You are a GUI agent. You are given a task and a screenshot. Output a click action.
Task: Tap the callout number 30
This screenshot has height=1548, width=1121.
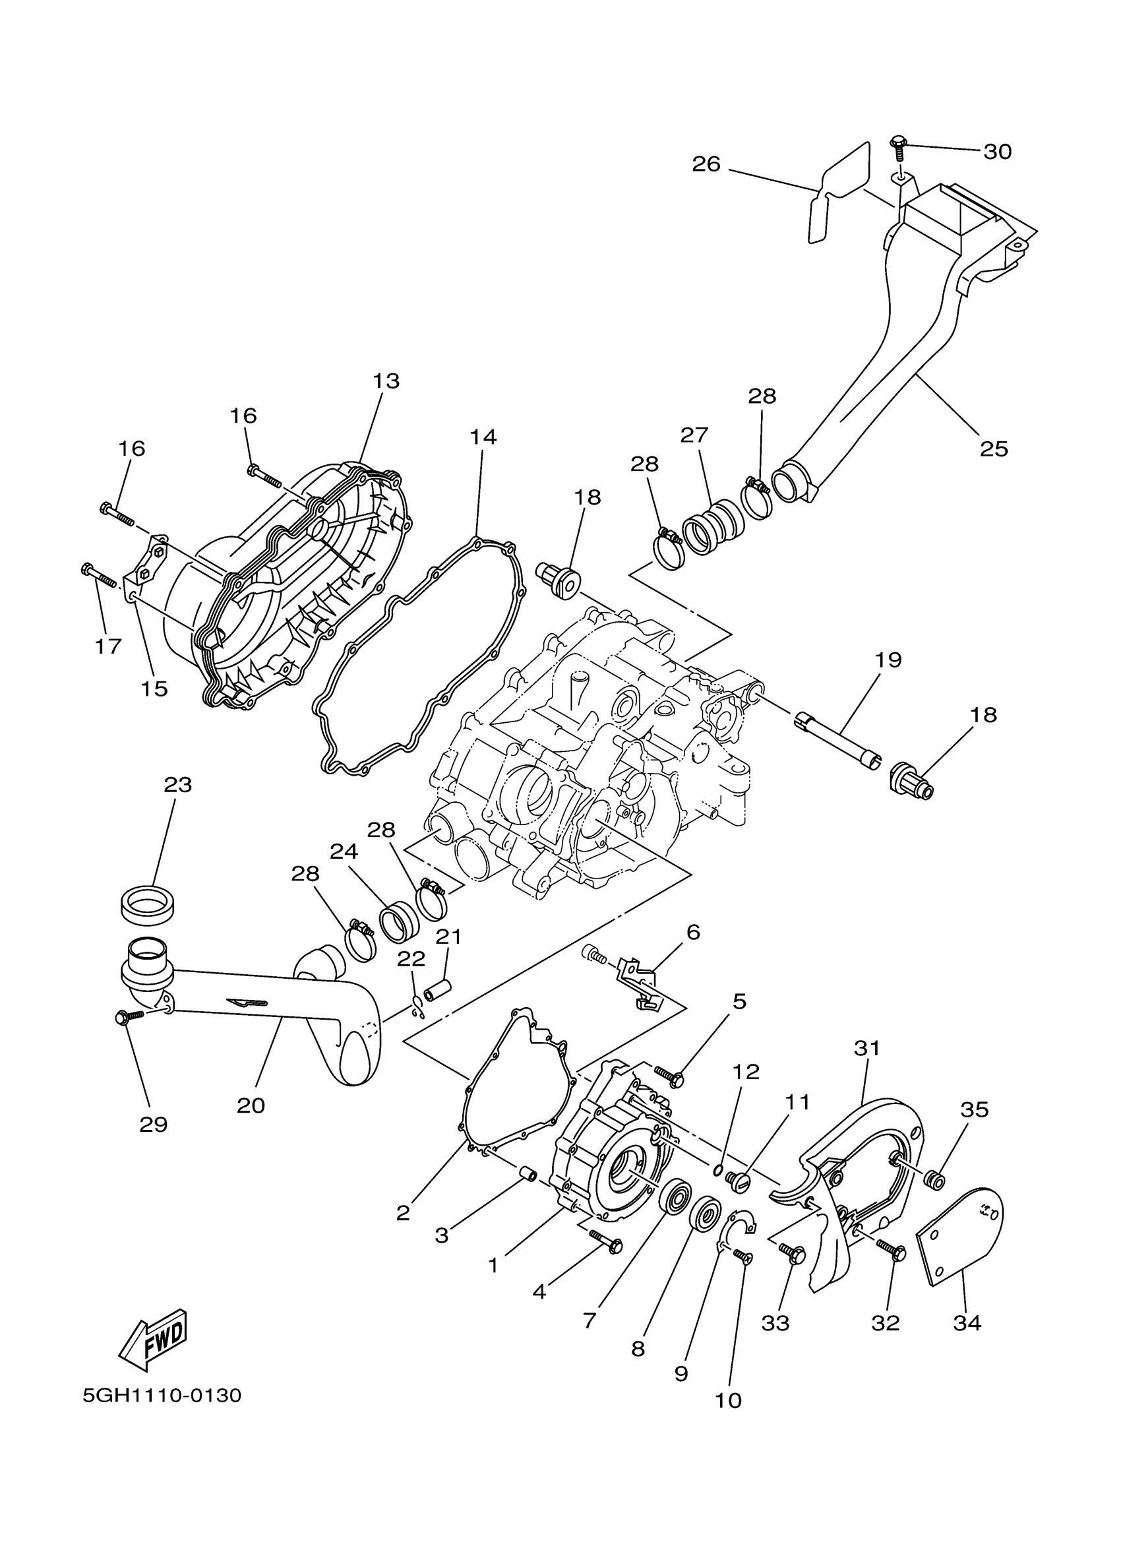click(997, 152)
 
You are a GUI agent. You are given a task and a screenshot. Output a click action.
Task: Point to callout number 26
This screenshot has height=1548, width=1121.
click(706, 164)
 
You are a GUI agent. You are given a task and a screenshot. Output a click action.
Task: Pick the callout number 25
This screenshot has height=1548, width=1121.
click(994, 449)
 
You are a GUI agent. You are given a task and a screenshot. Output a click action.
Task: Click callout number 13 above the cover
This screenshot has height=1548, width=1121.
click(386, 381)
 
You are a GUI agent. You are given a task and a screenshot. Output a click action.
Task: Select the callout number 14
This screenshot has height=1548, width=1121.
click(483, 436)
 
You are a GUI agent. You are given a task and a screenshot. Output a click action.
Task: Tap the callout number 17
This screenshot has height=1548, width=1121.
click(107, 646)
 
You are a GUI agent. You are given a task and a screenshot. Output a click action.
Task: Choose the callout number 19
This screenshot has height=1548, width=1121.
click(888, 660)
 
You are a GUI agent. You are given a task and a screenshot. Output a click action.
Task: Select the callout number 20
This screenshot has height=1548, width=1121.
click(251, 1105)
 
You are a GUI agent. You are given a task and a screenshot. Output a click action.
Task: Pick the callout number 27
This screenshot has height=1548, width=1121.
click(694, 435)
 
